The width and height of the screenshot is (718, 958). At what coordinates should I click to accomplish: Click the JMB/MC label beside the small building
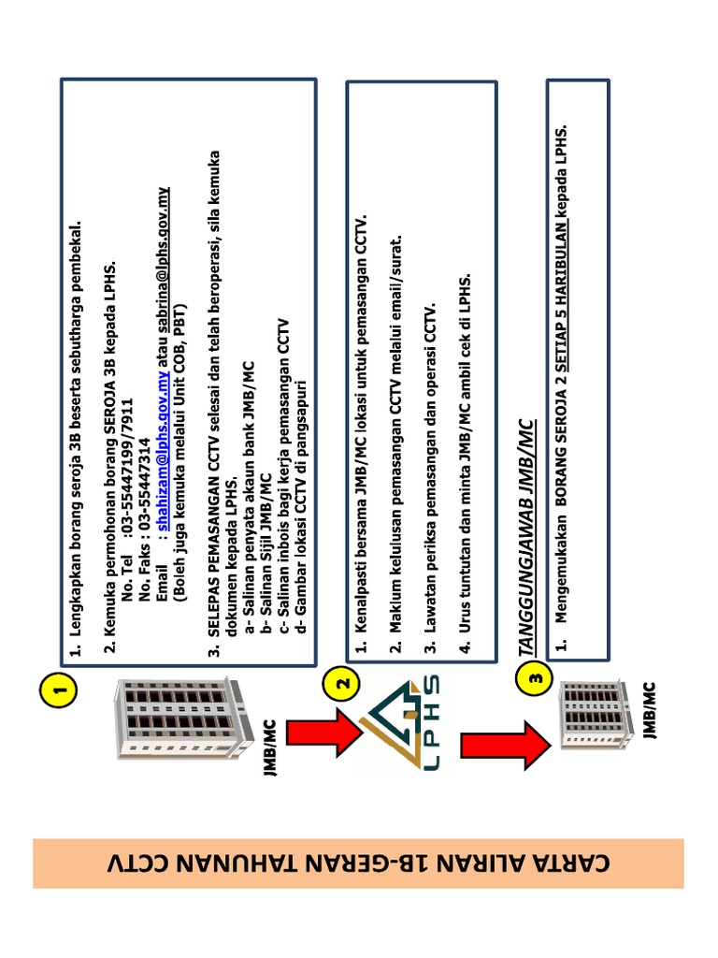tap(650, 711)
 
